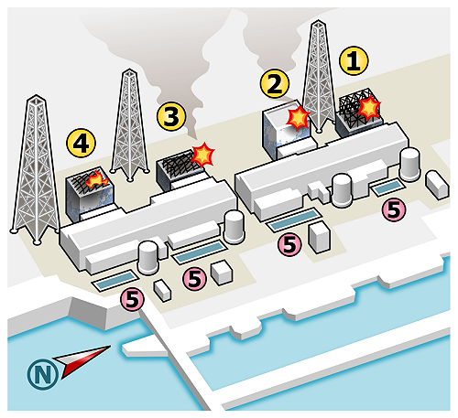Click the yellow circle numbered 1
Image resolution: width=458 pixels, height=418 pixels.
click(354, 60)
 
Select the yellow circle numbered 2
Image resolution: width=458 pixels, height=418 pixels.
click(275, 83)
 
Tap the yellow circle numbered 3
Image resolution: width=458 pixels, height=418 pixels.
click(171, 116)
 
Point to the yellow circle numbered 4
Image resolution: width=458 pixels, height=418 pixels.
click(82, 143)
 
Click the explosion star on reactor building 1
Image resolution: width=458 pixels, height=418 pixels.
click(369, 107)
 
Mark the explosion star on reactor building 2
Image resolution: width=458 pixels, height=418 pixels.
click(298, 117)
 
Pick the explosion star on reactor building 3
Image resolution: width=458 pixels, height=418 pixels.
click(203, 155)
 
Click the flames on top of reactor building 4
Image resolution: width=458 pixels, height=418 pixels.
click(96, 180)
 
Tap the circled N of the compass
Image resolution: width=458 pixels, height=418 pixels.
click(43, 373)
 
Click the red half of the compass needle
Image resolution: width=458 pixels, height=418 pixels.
click(85, 363)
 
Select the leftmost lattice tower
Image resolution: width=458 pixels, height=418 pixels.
click(36, 169)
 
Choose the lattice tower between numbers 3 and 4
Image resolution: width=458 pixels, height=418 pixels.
click(129, 125)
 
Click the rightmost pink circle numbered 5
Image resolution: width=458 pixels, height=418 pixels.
click(394, 209)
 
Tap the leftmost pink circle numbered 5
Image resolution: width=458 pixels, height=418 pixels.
click(132, 299)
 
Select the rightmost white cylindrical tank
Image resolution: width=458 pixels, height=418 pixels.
click(410, 165)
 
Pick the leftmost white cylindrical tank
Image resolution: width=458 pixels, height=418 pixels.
click(148, 258)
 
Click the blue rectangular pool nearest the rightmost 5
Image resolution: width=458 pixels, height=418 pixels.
click(387, 187)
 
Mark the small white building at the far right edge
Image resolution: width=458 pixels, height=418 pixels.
click(437, 185)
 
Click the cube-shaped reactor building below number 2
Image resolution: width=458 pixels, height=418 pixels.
click(289, 130)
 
